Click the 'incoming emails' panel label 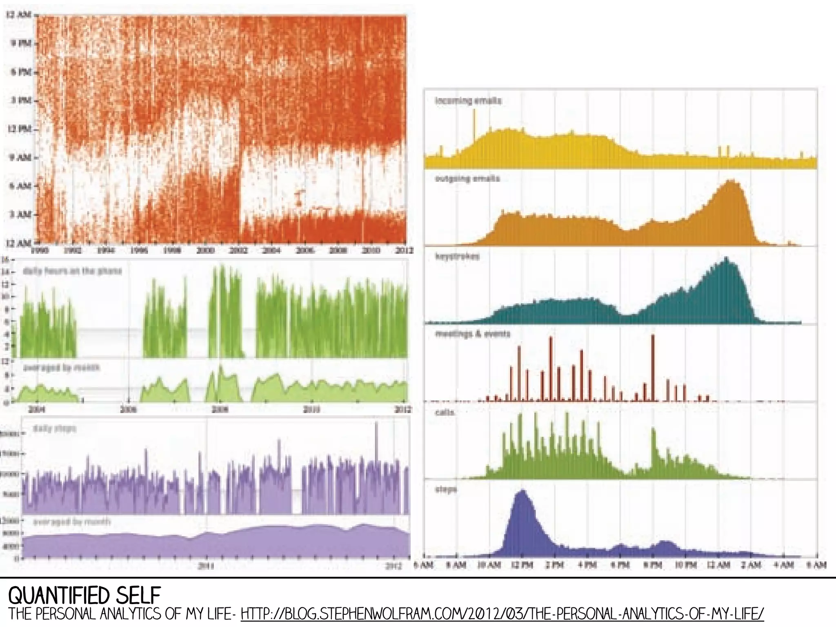(x=468, y=100)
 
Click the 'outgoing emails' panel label (x=467, y=179)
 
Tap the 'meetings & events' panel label (x=473, y=334)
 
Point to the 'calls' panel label (x=445, y=412)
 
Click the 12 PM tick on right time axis (x=522, y=565)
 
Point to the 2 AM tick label (x=751, y=565)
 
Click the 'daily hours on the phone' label (x=72, y=271)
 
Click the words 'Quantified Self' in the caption (x=84, y=596)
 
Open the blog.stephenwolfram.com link (x=502, y=614)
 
